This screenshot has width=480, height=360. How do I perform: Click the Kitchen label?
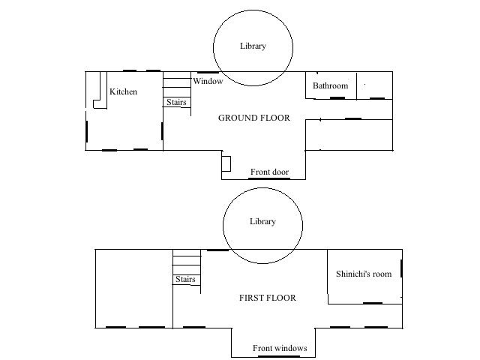click(x=123, y=91)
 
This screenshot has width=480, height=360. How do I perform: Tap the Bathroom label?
click(x=330, y=85)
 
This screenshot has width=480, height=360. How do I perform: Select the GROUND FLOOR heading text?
click(x=253, y=118)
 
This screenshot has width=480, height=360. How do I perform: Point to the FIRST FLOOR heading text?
click(x=268, y=298)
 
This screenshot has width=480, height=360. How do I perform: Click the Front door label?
click(x=269, y=172)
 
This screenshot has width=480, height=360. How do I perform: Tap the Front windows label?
click(x=280, y=348)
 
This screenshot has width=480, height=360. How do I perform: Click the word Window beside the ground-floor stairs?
click(x=208, y=81)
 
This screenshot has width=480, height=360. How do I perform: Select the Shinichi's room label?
click(x=364, y=274)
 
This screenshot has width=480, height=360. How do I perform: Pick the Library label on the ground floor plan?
click(x=253, y=46)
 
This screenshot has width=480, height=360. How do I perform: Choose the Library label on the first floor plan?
click(x=262, y=221)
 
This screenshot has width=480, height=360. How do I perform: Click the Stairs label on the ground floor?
click(x=176, y=102)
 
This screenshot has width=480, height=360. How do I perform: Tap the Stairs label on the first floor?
click(x=185, y=279)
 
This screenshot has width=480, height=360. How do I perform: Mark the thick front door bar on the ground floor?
click(x=269, y=178)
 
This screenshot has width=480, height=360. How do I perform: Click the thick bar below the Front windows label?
click(x=279, y=356)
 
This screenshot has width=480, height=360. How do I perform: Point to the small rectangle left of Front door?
click(x=226, y=163)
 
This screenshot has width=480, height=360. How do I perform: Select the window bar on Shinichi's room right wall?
click(x=401, y=268)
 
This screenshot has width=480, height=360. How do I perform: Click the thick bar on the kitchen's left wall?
click(x=87, y=131)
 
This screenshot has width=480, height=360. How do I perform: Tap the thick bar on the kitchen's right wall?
click(x=162, y=131)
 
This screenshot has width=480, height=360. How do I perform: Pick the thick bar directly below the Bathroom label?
click(x=337, y=98)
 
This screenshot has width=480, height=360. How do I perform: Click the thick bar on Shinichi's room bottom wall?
click(x=373, y=303)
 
